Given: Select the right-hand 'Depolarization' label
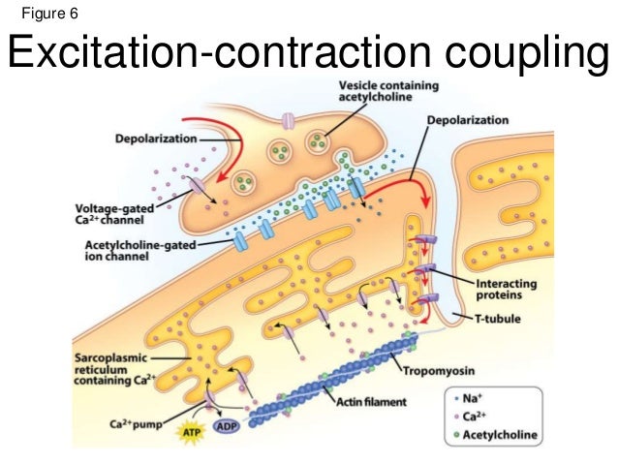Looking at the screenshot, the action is [x=468, y=120].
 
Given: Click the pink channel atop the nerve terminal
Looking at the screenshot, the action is [x=288, y=122].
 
